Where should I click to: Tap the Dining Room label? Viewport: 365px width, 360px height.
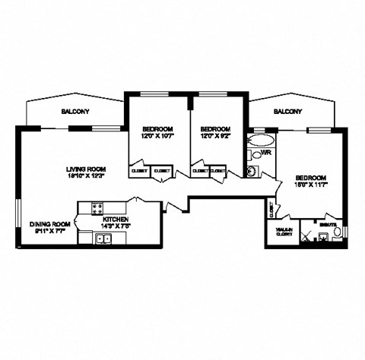point(50,224)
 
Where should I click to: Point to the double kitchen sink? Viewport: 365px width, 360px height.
point(103,239)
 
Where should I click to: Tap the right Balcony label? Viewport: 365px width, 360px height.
point(287,112)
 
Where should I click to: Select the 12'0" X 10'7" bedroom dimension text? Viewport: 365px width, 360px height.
point(157,137)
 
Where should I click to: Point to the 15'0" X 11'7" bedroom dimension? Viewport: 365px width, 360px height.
point(311,185)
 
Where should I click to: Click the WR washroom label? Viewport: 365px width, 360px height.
point(266,153)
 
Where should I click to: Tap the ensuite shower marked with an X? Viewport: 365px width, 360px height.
point(306,237)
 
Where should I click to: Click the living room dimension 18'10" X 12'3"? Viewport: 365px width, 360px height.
point(85,177)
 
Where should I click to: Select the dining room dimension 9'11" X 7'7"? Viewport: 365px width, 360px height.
point(49,232)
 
